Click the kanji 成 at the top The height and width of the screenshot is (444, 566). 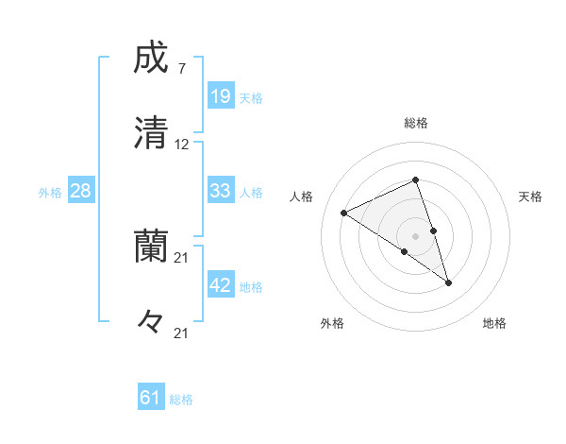pos(151,59)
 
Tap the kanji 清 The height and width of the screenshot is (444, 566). pos(151,132)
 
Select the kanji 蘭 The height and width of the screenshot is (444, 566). pos(151,246)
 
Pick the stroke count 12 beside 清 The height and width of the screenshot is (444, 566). pos(182,145)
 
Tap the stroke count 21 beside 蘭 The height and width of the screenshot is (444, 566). pos(182,257)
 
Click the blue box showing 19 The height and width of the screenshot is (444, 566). pos(221,95)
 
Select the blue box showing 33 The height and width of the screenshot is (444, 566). pos(221,191)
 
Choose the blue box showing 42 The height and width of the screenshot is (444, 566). pos(221,285)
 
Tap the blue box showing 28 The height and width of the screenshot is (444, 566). pos(81,191)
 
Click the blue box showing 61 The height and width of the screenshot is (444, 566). pos(151,398)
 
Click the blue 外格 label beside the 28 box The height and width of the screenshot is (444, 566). pos(50,193)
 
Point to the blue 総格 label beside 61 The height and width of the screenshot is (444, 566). pos(181,400)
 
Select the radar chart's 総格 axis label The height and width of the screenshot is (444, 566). pos(416,123)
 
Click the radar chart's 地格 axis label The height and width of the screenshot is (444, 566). pos(494,323)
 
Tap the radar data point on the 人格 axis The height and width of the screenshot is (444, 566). pos(343,213)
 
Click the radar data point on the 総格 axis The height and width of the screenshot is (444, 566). pos(415,179)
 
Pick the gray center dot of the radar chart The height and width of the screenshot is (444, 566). pos(415,235)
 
